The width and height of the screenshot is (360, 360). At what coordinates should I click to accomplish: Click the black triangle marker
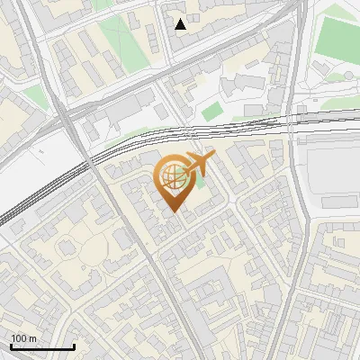[x=181, y=24]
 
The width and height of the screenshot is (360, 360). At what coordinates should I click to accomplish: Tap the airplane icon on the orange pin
[x=201, y=163]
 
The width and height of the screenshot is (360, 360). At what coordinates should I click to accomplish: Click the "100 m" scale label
[x=24, y=338]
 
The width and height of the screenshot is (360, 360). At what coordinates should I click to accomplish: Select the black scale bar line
[x=42, y=346]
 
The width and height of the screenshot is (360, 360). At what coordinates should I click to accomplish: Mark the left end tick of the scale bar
[x=11, y=345]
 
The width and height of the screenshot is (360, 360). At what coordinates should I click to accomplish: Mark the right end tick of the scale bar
[x=74, y=345]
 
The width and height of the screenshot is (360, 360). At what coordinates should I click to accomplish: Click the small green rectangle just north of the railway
[x=211, y=112]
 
